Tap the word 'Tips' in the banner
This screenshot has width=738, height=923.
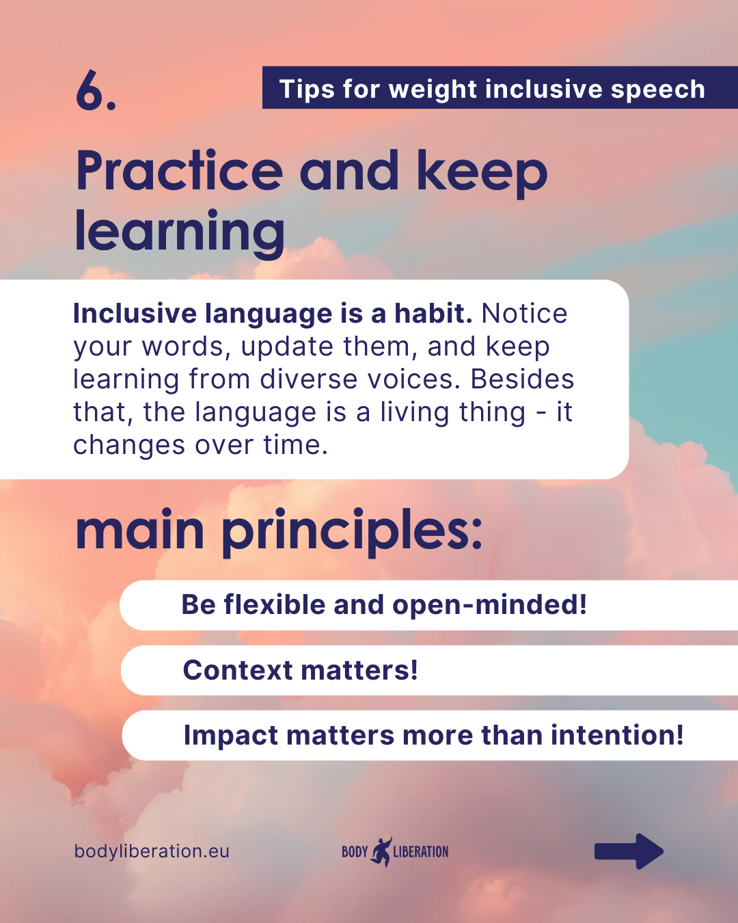click(x=307, y=89)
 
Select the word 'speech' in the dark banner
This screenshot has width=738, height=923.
click(x=658, y=89)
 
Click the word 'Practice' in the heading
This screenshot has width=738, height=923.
click(x=179, y=171)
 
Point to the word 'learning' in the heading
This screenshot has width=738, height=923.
click(x=179, y=232)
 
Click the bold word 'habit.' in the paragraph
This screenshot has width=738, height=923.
click(x=433, y=313)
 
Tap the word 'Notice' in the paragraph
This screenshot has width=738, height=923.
click(x=524, y=313)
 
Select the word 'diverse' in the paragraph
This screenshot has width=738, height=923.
click(x=309, y=379)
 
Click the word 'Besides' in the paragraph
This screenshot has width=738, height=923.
click(x=522, y=379)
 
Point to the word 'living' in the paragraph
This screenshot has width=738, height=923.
click(x=415, y=412)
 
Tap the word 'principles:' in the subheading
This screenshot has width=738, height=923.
click(x=352, y=530)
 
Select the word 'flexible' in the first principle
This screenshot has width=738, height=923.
click(x=275, y=605)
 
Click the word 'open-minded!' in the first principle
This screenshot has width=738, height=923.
click(x=489, y=605)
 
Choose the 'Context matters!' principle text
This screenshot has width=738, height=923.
click(x=300, y=670)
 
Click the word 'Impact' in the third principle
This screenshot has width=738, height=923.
click(x=231, y=735)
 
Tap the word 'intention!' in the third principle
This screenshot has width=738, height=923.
click(x=617, y=735)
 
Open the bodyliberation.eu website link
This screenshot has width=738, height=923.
click(x=152, y=851)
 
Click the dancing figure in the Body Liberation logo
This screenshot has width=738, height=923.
click(x=381, y=851)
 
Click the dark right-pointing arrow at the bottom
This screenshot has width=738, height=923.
click(x=629, y=851)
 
